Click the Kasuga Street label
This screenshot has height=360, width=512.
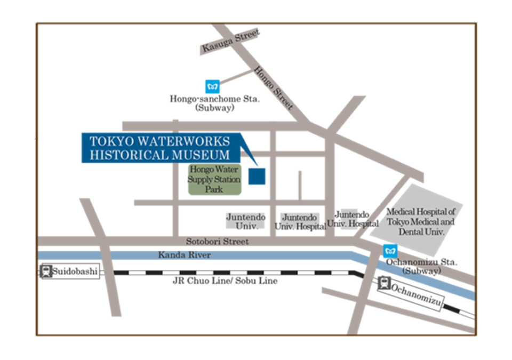[x=231, y=41]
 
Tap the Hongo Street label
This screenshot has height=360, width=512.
[x=273, y=88]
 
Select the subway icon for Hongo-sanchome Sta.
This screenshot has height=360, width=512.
[x=212, y=86]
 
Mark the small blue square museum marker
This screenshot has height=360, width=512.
[x=257, y=176]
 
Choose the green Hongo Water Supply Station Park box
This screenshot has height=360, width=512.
[x=214, y=179]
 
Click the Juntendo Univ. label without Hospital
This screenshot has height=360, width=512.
[x=246, y=221]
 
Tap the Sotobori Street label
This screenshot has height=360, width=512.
[x=217, y=242]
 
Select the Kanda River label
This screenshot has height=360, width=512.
[x=185, y=255]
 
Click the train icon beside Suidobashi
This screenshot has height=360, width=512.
[x=46, y=271]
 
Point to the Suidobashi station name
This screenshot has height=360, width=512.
[x=75, y=271]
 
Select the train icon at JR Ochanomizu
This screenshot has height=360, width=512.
[x=384, y=283]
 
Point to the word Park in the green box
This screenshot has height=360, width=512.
[x=214, y=189]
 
